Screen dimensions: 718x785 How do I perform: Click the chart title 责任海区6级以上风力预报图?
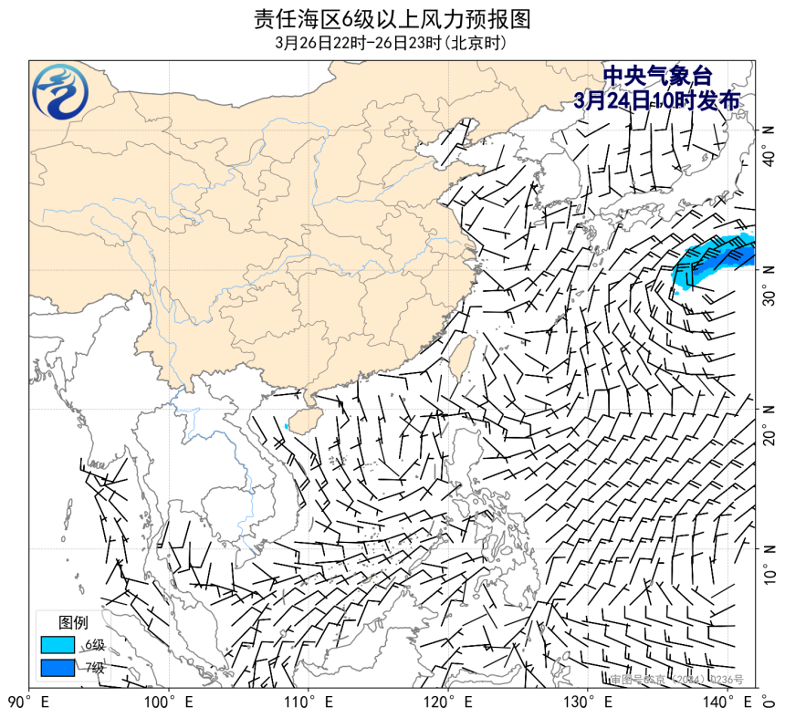(392, 18)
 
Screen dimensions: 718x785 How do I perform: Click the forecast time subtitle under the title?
(392, 43)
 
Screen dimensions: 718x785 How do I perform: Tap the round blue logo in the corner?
(61, 92)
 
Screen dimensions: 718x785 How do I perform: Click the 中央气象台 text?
(656, 77)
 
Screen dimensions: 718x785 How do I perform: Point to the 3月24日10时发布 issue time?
(656, 100)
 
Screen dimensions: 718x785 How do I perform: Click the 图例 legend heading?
(74, 623)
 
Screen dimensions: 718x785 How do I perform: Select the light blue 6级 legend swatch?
(57, 644)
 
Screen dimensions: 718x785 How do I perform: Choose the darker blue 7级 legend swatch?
(57, 667)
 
